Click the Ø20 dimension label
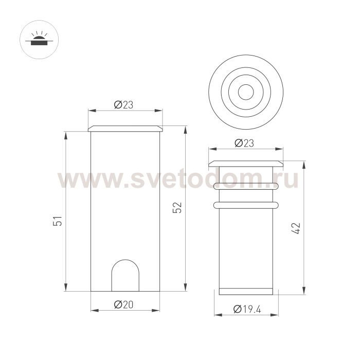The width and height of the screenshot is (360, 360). coord(123,304)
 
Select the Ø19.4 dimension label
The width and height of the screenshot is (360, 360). coord(247,309)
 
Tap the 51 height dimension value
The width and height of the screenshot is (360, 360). coord(58,221)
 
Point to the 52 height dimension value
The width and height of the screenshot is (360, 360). coord(177,208)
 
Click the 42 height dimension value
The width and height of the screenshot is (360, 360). coord(296,228)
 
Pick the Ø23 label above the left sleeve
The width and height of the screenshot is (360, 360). coord(123,105)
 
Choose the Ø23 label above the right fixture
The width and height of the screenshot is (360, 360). coord(244,143)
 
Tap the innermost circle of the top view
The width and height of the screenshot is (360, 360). coord(246,84)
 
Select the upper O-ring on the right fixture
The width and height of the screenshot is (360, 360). coord(246,186)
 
